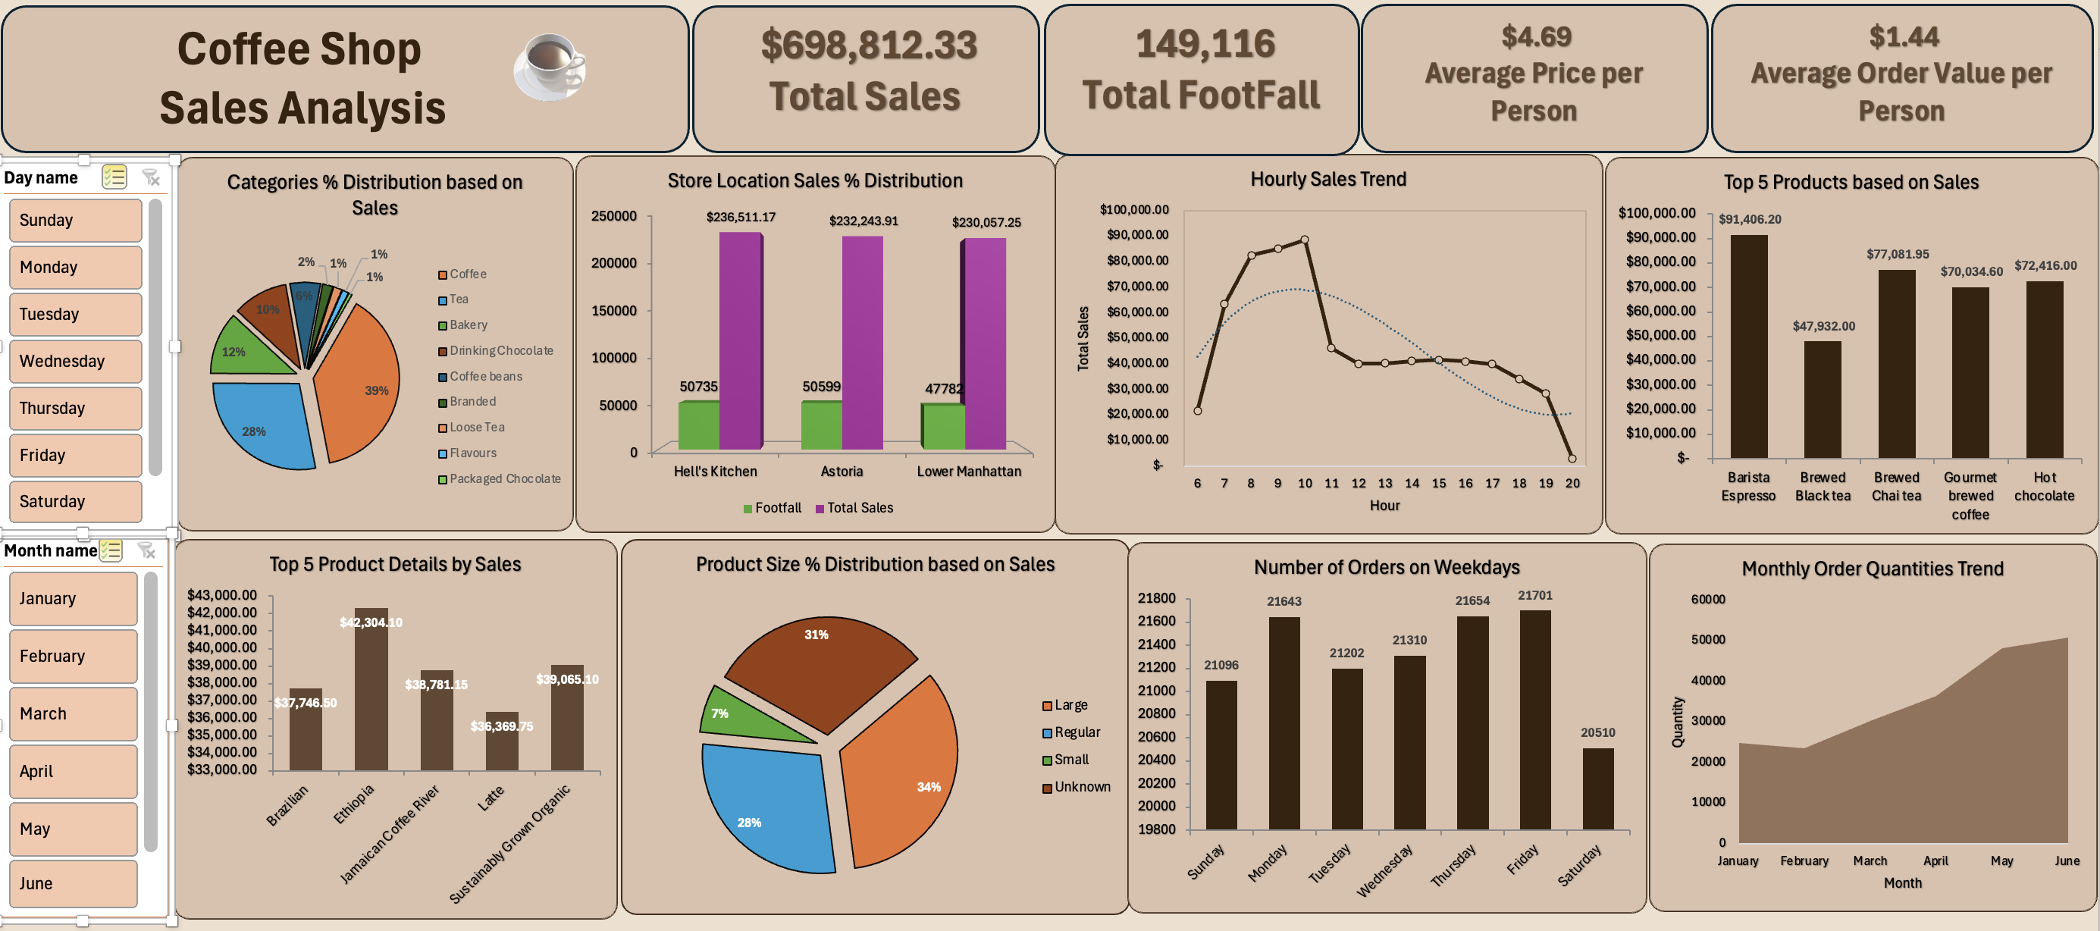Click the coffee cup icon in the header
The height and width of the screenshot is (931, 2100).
(550, 67)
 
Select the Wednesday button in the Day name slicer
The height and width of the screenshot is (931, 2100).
(76, 361)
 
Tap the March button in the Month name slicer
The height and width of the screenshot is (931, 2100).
(74, 713)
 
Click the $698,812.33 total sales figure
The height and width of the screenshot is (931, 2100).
(868, 45)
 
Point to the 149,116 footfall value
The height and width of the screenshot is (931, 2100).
(1205, 44)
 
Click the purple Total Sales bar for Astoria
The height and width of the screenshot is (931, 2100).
(862, 343)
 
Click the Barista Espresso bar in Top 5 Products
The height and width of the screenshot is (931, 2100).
(1749, 346)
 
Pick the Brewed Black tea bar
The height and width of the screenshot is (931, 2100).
(1822, 400)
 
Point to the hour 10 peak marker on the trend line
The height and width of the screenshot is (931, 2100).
(1304, 240)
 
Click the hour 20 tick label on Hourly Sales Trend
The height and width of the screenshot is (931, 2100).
(1572, 484)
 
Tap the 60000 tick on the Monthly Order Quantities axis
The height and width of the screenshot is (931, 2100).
(1707, 599)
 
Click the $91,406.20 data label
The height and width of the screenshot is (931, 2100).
(1750, 219)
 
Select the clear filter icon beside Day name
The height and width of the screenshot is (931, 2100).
(151, 177)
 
